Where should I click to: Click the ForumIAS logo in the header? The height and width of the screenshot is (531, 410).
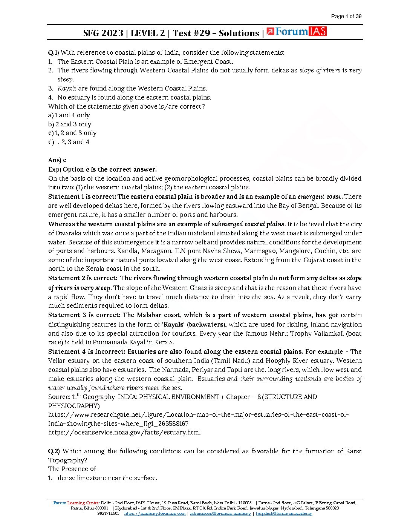point(296,32)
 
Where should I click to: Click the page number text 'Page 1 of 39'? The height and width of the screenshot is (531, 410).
point(346,16)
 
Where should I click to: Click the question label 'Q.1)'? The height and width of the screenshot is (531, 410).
point(54,52)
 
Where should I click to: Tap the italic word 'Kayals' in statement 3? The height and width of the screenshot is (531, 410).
point(67,88)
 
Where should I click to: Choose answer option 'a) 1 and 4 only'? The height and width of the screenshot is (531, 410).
point(69,115)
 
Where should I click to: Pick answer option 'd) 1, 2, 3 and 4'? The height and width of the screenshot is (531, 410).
point(69,142)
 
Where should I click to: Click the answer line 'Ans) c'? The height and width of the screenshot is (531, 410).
point(57,160)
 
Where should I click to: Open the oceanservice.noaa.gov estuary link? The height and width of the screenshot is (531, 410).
point(124,433)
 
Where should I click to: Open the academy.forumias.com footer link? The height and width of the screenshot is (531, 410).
point(155,514)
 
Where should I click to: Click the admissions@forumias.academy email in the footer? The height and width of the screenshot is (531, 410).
point(220,514)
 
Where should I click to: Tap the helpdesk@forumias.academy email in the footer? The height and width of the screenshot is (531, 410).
point(284,514)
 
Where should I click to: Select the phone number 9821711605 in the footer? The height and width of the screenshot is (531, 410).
point(108,514)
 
